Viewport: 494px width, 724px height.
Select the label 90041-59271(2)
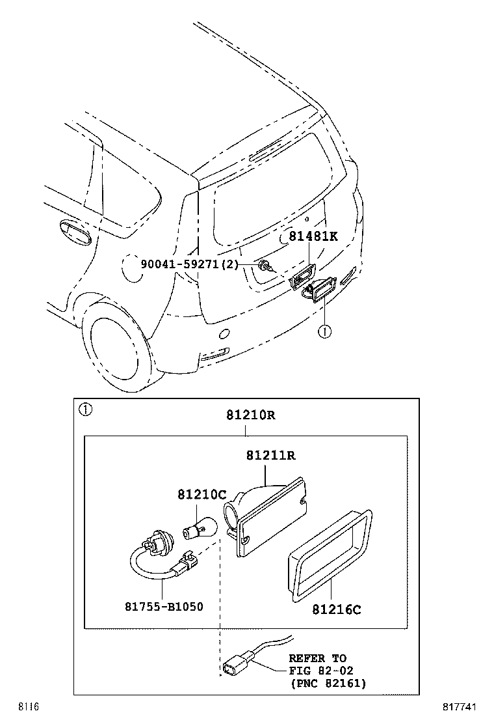tap(189, 264)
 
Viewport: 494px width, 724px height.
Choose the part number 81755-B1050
tap(164, 607)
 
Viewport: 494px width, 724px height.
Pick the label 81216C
tap(336, 610)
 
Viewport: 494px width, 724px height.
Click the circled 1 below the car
tap(324, 331)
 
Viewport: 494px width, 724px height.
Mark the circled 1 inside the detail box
tap(85, 410)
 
